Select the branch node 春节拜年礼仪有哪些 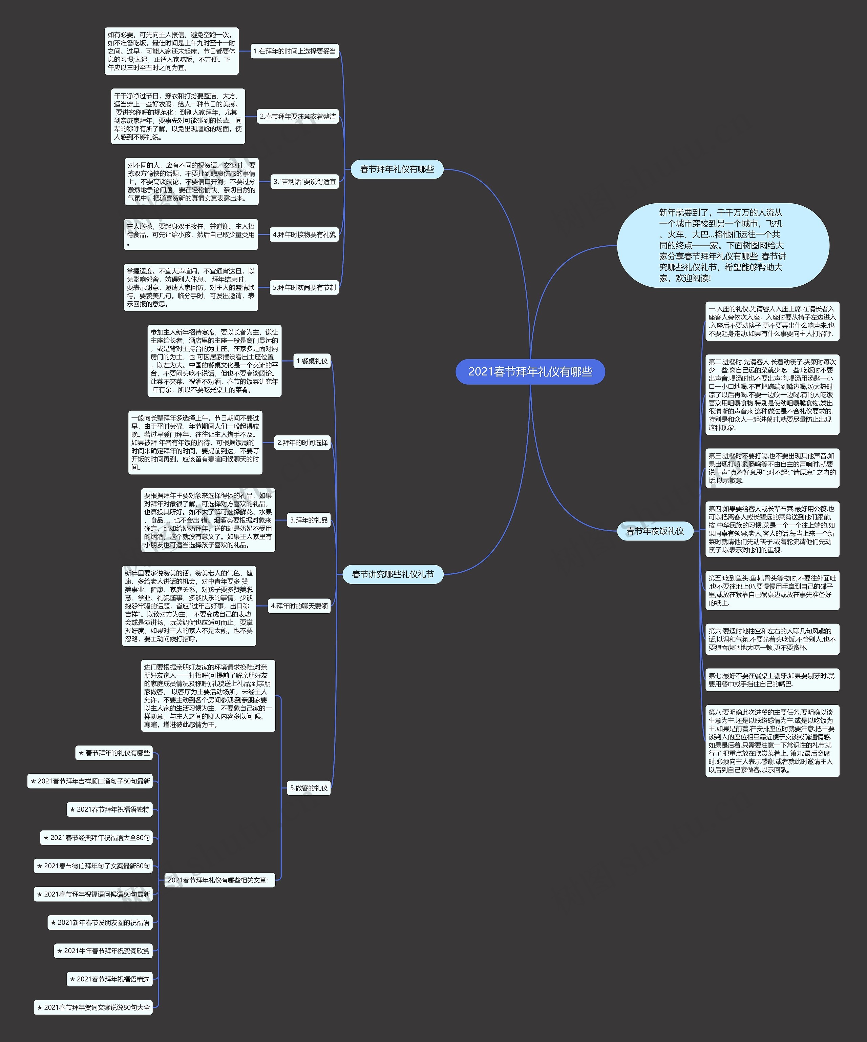point(397,169)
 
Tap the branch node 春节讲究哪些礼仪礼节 point(393,575)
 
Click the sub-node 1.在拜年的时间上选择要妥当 point(295,51)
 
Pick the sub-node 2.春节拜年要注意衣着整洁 point(298,117)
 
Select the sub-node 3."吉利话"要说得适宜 point(304,182)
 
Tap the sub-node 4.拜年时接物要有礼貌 point(304,235)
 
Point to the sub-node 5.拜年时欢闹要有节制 point(304,287)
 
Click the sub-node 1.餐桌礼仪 point(312,361)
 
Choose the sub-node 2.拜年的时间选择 point(302,443)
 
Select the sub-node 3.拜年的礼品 point(309,520)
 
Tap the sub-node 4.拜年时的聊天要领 point(299,606)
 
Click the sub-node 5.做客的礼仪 point(309,788)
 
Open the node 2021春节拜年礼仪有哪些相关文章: point(219,880)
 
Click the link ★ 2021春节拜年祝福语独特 point(110,809)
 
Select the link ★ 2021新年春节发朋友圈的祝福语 point(100,922)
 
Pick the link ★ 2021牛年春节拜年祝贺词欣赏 point(103,951)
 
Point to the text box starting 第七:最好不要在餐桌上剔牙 point(772,680)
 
